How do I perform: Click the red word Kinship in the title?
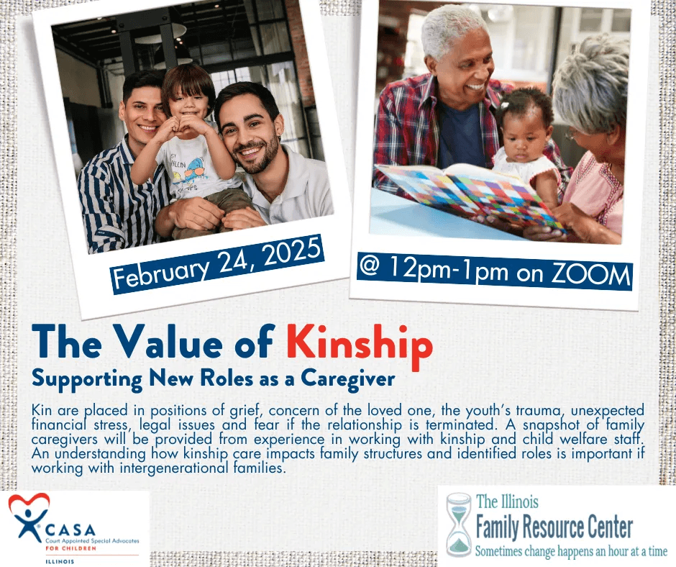pyautogui.click(x=360, y=346)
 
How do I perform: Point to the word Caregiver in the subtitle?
pyautogui.click(x=347, y=379)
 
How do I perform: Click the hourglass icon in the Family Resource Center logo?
pyautogui.click(x=459, y=525)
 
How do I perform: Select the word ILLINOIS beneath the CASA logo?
pyautogui.click(x=60, y=561)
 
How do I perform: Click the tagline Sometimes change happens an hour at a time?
pyautogui.click(x=571, y=551)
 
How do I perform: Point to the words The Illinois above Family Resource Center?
pyautogui.click(x=508, y=502)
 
